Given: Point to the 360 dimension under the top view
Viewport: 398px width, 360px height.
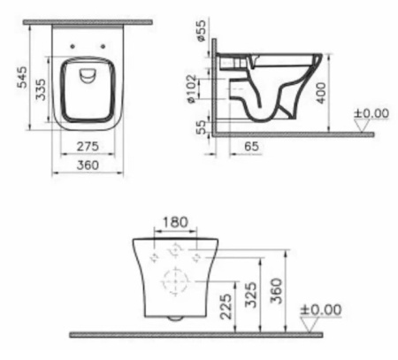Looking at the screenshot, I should pyautogui.click(x=86, y=164).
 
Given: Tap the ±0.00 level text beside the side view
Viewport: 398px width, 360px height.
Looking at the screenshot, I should pyautogui.click(x=371, y=113).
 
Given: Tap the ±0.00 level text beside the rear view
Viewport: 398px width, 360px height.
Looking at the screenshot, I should pyautogui.click(x=321, y=310).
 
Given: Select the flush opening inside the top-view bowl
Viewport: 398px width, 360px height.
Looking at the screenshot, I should pyautogui.click(x=88, y=76).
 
